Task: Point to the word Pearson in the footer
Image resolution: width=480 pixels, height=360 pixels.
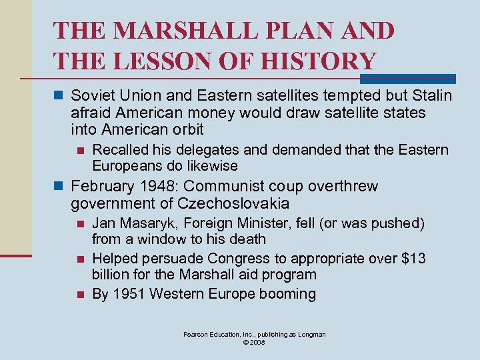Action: click(x=197, y=334)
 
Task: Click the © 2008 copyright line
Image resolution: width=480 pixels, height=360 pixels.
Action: click(x=255, y=342)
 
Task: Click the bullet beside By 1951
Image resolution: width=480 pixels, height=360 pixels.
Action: click(x=80, y=295)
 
